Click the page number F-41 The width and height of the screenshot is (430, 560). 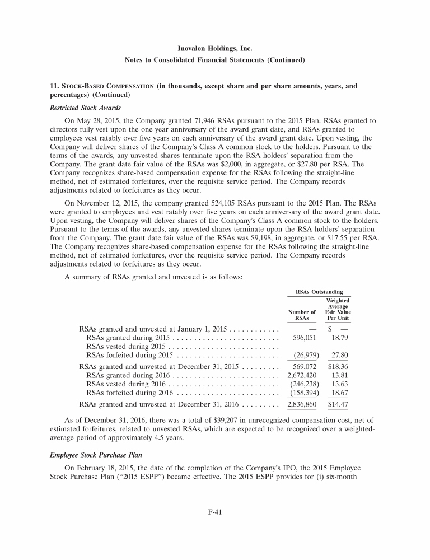214,530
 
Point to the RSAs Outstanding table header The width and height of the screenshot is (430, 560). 319,292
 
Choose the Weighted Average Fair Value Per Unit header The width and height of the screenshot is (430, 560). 338,309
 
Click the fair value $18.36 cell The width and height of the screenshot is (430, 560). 338,367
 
